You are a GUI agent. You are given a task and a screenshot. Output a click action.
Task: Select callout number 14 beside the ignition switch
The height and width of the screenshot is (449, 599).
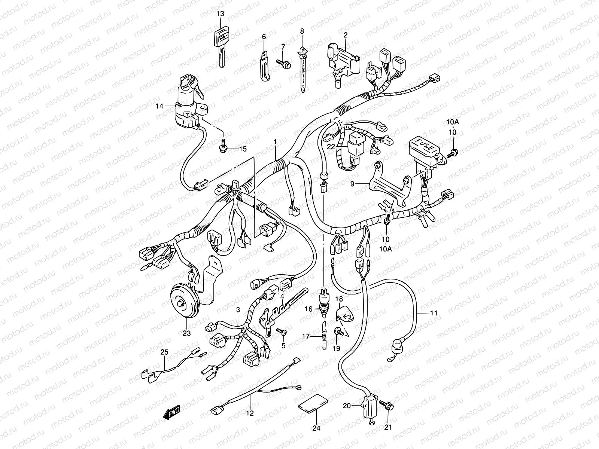160,106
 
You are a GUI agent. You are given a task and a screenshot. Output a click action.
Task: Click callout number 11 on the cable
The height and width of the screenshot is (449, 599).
434,313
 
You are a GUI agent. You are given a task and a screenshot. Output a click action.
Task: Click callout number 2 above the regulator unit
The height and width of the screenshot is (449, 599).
345,35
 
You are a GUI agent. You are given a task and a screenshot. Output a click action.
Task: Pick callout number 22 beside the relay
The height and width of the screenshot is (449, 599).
330,147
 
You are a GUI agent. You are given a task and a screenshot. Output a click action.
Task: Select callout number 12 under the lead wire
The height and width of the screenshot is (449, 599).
250,413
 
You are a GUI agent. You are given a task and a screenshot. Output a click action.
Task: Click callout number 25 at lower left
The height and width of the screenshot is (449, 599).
165,352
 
